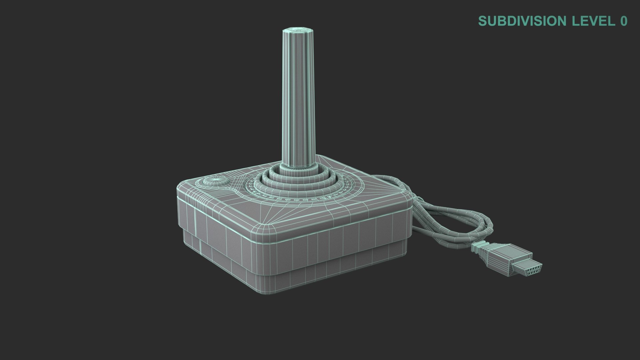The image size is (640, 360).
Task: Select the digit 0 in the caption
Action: pos(624,21)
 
